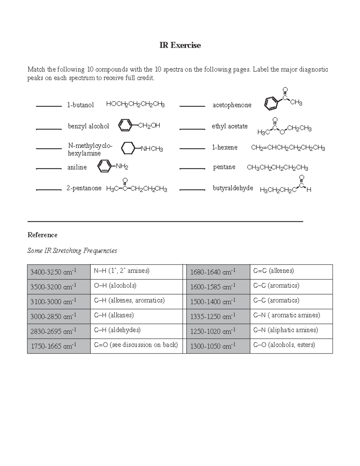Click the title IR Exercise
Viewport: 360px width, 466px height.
[x=180, y=45]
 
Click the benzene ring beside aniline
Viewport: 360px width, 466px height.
[x=104, y=166]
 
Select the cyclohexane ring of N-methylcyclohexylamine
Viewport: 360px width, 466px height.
[x=128, y=148]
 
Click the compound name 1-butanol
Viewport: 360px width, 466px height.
[x=80, y=105]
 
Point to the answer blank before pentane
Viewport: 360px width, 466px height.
[x=192, y=169]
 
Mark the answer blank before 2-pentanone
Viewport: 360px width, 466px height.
[x=49, y=190]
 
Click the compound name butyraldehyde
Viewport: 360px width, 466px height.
[x=233, y=188]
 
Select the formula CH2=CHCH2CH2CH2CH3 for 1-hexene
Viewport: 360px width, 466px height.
[x=288, y=148]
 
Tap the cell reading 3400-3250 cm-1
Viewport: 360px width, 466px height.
[x=59, y=272]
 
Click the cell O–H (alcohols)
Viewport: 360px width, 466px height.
[x=136, y=286]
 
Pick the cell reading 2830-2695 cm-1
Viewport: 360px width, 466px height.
[x=59, y=331]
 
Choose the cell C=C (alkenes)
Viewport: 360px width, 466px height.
[x=291, y=271]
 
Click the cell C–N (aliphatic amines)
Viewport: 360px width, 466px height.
[x=291, y=330]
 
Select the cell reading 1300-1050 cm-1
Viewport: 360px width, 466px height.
[x=218, y=346]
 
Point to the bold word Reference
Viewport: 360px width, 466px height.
[x=42, y=235]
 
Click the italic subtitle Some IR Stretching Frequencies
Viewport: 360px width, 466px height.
[x=72, y=251]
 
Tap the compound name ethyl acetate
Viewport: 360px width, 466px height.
[x=229, y=126]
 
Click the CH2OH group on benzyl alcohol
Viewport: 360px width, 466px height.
[x=149, y=125]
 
